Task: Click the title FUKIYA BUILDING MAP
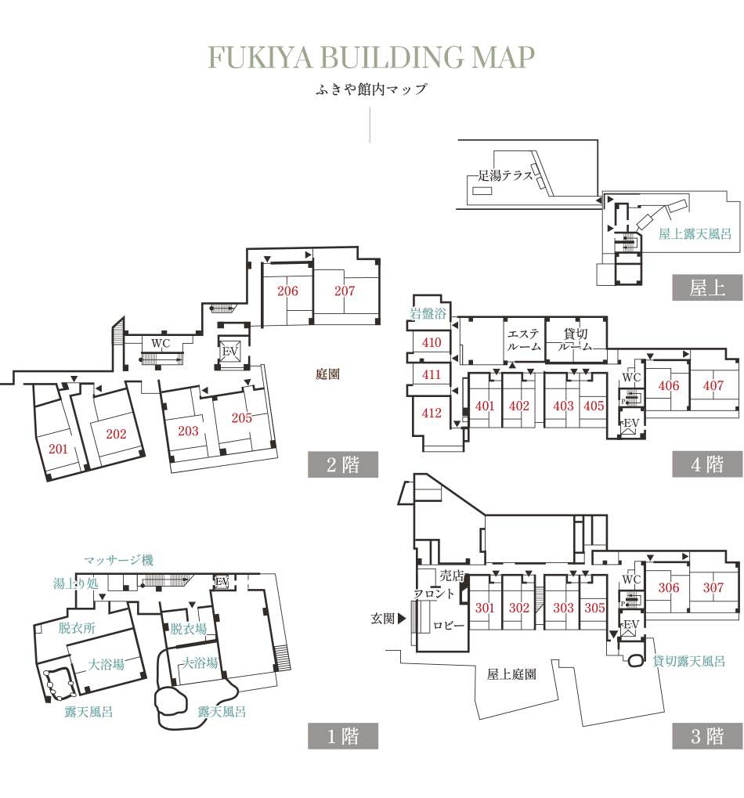pos(371,57)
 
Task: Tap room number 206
pos(287,291)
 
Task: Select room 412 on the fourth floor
pos(432,413)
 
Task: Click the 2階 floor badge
pos(343,464)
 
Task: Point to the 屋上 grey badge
pos(707,288)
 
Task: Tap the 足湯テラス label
pos(505,176)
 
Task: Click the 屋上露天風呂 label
pos(695,234)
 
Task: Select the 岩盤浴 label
pos(428,313)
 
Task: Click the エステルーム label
pos(524,340)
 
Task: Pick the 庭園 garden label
pos(327,374)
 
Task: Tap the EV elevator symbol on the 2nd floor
pos(230,351)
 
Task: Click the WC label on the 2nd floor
pos(161,344)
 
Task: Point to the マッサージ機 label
pos(118,561)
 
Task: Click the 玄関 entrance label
pos(383,619)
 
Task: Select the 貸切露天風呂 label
pos(688,661)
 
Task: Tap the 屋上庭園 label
pos(511,675)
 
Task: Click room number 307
pos(713,588)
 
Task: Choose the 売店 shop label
pos(451,576)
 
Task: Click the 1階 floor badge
pos(343,736)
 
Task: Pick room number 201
pos(58,449)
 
